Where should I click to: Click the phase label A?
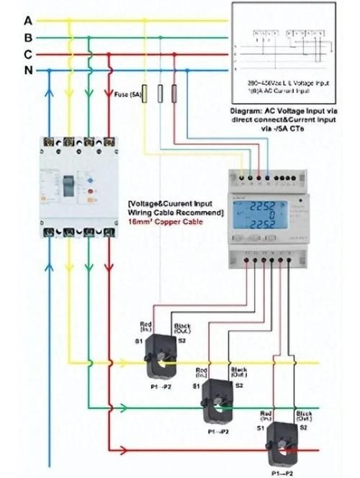coord(27,20)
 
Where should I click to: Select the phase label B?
coord(27,37)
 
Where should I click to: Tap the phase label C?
coord(27,54)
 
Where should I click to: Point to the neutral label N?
coord(27,71)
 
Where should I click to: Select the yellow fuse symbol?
coord(145,94)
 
